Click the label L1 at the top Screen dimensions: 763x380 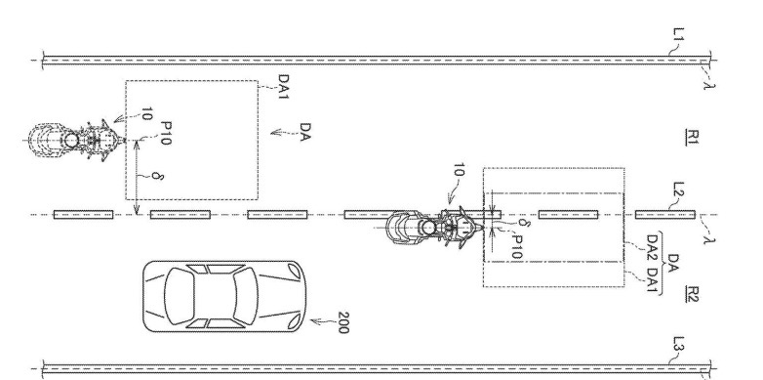(678, 34)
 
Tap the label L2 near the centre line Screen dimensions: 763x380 (679, 190)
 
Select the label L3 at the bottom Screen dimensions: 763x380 (679, 345)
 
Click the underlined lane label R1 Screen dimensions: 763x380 (693, 137)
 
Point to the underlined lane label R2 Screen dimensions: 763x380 (693, 294)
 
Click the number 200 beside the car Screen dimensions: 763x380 (343, 322)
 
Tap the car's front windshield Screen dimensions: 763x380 (246, 296)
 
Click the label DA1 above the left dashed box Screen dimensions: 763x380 (283, 87)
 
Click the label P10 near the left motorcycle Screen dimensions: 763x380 (166, 133)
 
